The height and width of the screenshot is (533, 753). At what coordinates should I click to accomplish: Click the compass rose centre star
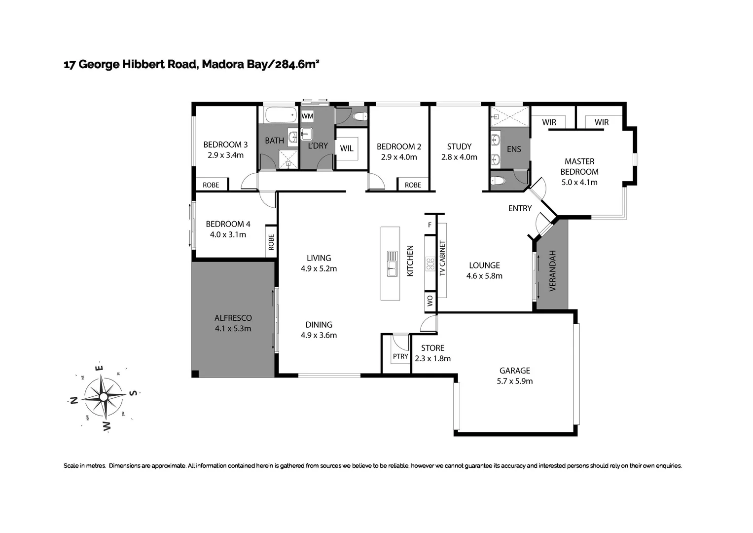[104, 396]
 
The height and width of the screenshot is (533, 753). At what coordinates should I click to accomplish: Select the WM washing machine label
[307, 116]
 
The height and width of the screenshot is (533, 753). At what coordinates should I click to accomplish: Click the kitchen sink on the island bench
[392, 264]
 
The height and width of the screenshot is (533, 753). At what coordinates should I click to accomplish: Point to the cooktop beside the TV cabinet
[430, 265]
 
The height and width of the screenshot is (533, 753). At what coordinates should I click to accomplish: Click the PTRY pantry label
[400, 356]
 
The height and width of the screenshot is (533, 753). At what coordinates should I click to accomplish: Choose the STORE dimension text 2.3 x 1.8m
[432, 359]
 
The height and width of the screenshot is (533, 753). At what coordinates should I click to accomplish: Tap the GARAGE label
[514, 371]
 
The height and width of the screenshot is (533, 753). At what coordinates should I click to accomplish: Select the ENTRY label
[520, 209]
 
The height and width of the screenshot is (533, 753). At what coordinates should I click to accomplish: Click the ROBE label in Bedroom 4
[271, 242]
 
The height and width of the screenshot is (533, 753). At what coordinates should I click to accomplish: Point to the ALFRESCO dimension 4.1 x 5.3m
[233, 329]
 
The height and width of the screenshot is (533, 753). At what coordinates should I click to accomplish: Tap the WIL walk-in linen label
[347, 149]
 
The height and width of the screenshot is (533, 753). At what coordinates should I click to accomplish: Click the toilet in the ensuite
[498, 181]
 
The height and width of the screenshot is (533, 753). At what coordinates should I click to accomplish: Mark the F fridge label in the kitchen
[430, 225]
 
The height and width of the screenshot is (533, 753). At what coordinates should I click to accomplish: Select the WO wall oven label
[430, 301]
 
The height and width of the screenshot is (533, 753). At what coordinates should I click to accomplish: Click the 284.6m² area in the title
[297, 64]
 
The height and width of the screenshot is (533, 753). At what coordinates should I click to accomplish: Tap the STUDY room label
[459, 147]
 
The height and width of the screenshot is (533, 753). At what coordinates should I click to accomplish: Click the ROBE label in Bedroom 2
[413, 185]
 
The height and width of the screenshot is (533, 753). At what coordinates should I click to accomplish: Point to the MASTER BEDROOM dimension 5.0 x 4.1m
[579, 183]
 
